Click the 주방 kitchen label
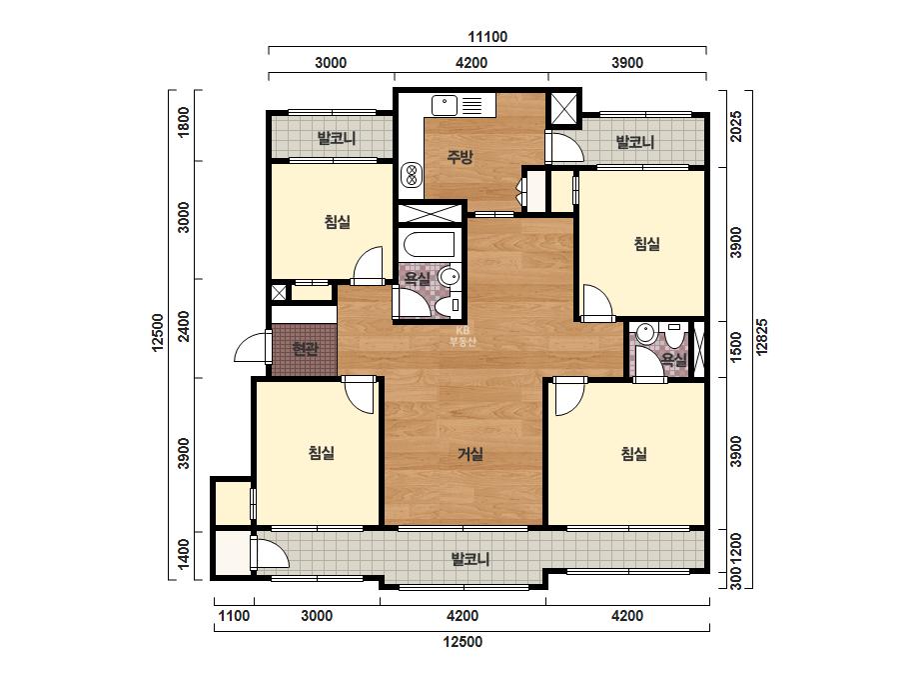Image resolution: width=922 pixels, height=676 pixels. pos(460,157)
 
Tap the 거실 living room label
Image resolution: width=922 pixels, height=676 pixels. pos(470,454)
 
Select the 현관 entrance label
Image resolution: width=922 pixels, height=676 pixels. pos(305,349)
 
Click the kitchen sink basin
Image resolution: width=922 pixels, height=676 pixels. pos(445,105)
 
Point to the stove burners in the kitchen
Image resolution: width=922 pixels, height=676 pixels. pos(411,175)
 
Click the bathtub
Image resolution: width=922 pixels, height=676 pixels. pos(429,244)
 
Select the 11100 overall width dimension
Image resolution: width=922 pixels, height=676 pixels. pos(487,37)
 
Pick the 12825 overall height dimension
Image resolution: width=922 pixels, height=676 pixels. pos(761,337)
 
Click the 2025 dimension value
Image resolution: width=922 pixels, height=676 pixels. pos(735,127)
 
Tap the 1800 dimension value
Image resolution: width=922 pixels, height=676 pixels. pos(184,122)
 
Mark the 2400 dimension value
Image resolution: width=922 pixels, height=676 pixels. pos(184,326)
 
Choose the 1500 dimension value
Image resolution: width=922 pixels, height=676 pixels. pos(735,347)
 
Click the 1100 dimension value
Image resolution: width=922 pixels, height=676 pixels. pos(234,616)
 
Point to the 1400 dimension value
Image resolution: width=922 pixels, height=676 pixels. pos(184,554)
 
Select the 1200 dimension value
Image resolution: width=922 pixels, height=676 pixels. pos(735,548)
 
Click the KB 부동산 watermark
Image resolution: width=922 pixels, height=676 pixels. pos(462,336)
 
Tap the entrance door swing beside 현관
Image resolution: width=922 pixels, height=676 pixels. pos(251,347)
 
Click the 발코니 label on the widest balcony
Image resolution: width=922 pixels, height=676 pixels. pos(470,558)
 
